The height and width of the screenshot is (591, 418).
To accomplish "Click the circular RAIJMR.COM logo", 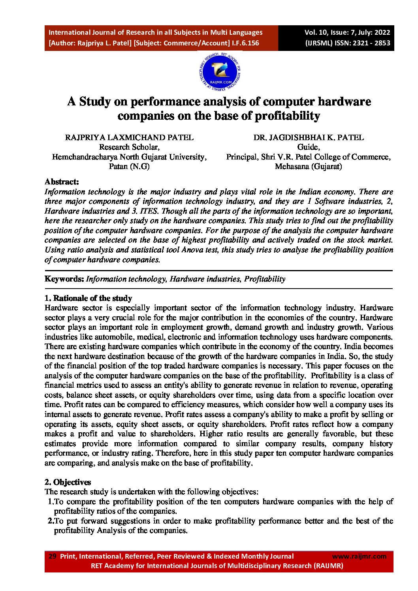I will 220,73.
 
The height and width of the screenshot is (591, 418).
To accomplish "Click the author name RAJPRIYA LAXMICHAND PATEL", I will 129,137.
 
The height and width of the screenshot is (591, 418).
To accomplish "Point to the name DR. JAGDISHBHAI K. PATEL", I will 308,137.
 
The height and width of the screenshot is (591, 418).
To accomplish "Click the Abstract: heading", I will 62,182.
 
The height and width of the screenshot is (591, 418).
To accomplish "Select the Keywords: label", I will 64,279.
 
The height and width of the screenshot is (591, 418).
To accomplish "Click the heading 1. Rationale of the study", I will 88,298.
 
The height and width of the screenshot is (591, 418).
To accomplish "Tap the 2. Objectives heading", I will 68,482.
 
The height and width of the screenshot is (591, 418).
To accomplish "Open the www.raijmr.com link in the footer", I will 359,556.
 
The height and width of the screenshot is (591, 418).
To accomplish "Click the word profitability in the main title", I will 287,116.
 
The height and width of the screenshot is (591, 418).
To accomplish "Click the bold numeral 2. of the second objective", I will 51,521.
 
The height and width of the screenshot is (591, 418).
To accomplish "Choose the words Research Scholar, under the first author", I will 129,147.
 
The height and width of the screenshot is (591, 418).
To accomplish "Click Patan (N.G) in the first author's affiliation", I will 129,166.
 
